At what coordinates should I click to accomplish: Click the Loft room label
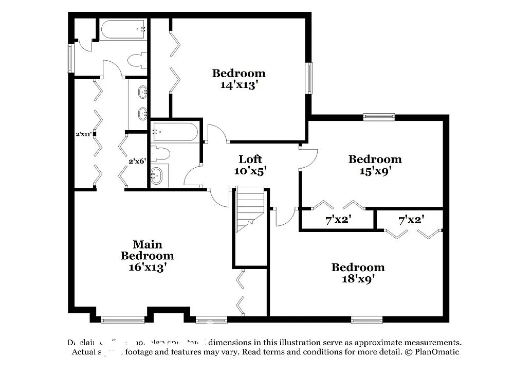point(250,159)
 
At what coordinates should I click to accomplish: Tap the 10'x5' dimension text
point(250,171)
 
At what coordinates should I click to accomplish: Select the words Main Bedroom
point(147,250)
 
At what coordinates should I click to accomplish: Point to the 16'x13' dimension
point(147,267)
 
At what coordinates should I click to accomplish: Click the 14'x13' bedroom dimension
point(238,85)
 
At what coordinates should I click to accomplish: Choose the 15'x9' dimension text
point(375,171)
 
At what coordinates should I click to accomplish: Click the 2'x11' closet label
point(84,135)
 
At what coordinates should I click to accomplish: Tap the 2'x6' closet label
point(137,161)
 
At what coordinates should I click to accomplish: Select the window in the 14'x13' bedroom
point(309,78)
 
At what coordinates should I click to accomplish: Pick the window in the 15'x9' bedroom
point(379,117)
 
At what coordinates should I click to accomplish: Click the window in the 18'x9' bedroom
point(367,319)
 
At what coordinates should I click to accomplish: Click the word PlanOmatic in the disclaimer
point(434,352)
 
